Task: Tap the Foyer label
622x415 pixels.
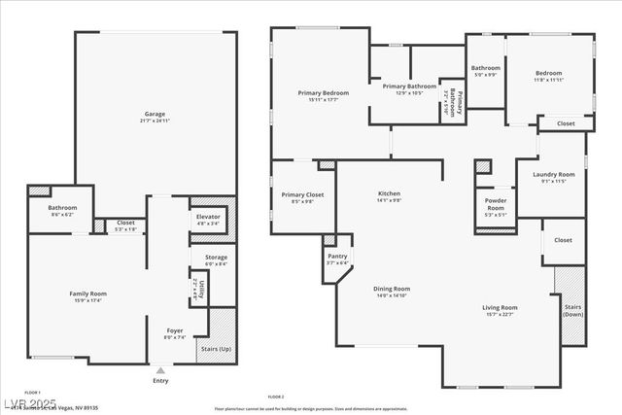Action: pyautogui.click(x=174, y=333)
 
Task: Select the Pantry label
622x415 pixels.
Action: pyautogui.click(x=337, y=259)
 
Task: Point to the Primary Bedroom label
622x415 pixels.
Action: pyautogui.click(x=322, y=95)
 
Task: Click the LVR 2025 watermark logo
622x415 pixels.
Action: pyautogui.click(x=30, y=401)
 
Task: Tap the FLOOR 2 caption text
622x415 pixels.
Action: pyautogui.click(x=276, y=397)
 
